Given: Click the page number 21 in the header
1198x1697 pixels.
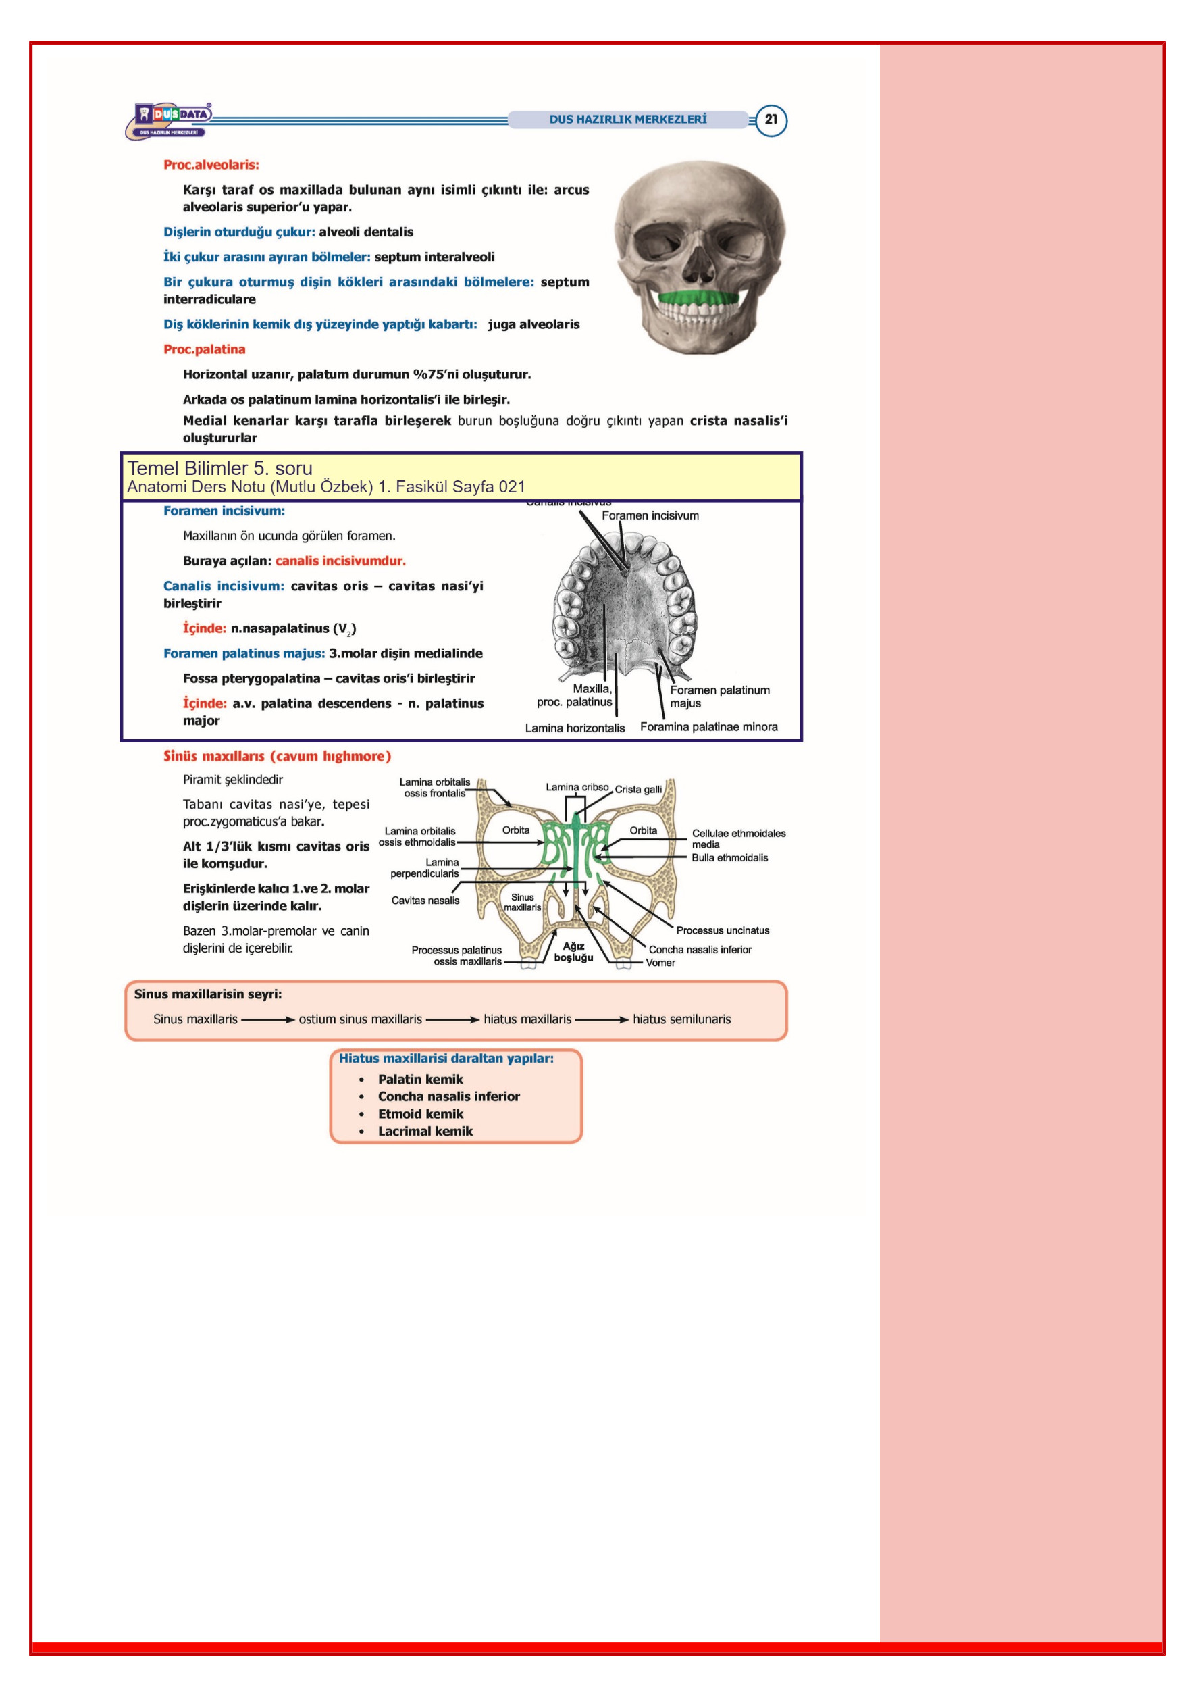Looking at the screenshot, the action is [771, 119].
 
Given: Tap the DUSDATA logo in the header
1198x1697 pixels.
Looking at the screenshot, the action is [170, 120].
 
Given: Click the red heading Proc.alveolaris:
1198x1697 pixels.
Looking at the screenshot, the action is [211, 165].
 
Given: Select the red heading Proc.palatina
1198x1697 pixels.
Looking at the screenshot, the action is [204, 349].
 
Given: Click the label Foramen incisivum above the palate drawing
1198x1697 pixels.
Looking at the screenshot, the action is [650, 515].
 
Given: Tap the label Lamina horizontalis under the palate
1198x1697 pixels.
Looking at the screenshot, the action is [575, 728].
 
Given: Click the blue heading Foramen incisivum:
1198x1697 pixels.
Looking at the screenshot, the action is [224, 511].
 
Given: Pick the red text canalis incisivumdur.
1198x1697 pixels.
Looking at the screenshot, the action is [341, 561].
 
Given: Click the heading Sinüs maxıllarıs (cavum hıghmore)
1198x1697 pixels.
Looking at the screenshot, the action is [277, 756].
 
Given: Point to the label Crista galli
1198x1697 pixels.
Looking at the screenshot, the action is [639, 789].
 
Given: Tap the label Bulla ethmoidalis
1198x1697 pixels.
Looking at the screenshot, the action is [729, 857].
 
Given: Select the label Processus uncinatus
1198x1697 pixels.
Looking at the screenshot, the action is [723, 930].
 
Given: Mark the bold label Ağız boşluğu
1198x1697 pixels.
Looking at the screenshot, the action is [573, 952].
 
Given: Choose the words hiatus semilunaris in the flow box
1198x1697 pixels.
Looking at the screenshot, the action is [681, 1019].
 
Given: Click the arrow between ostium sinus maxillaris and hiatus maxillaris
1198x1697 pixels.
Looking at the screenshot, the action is [453, 1020].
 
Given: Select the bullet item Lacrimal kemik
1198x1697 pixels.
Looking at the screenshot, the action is [425, 1131].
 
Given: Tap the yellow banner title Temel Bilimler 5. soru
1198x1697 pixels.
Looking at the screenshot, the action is [219, 468].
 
